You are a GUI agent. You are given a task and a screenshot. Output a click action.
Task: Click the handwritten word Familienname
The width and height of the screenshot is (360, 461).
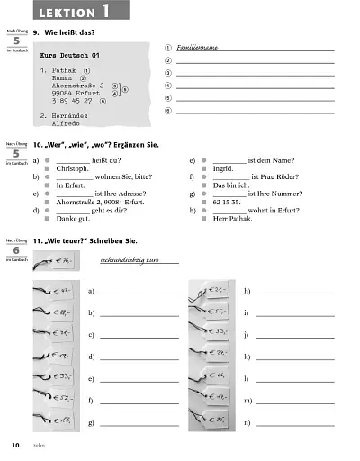coord(199,44)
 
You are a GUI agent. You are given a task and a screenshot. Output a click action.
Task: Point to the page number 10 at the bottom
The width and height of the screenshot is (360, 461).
coord(15,446)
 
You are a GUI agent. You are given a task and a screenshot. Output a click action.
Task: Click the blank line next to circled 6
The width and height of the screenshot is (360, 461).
coord(255,110)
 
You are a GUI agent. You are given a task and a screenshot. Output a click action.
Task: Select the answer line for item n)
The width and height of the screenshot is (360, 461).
coord(294,422)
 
